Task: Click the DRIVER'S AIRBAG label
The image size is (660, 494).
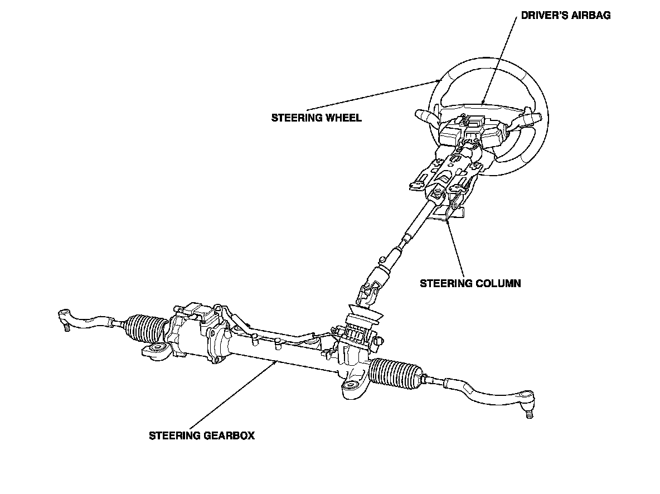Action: pos(565,16)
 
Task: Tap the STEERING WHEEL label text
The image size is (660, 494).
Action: pos(316,118)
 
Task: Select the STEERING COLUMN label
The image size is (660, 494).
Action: pos(470,283)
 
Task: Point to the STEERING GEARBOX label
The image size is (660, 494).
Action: pos(201,435)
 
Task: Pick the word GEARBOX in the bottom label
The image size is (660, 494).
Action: pos(229,435)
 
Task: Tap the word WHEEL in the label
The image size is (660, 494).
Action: pos(346,118)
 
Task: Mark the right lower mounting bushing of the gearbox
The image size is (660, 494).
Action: pos(351,388)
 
